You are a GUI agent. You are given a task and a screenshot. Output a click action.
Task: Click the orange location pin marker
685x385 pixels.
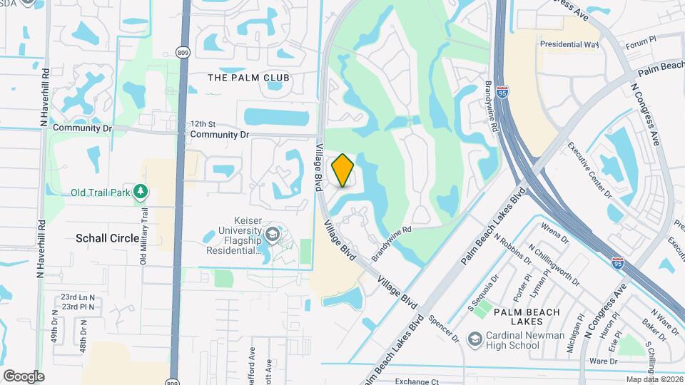click(343, 170)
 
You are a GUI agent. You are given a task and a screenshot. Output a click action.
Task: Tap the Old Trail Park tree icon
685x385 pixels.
click(141, 192)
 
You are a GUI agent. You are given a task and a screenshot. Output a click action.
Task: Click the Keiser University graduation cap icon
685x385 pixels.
click(273, 234)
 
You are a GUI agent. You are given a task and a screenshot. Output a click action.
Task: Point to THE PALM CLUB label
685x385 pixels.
click(248, 77)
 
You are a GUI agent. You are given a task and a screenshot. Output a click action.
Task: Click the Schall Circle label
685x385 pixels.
click(108, 238)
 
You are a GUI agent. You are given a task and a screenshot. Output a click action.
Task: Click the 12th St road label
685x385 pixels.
click(202, 124)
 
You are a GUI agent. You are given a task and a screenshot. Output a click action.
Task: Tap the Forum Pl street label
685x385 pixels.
click(639, 45)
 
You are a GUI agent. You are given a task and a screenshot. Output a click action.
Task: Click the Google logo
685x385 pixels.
click(24, 376)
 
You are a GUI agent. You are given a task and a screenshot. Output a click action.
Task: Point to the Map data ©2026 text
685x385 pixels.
click(653, 379)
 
